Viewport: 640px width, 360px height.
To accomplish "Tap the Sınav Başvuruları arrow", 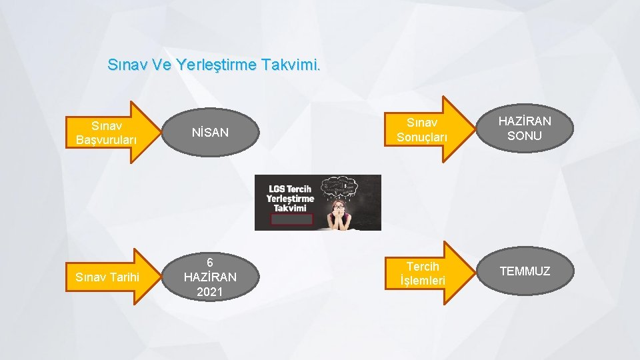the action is coord(109,132).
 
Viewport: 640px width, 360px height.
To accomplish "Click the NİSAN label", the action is coord(210,133).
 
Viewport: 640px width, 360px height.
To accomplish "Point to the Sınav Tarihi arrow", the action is coord(109,277).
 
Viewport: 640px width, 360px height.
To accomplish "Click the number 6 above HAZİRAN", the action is coord(210,263).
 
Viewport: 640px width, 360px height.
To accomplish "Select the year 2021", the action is coord(210,291).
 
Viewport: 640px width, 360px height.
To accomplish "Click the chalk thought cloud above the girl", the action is coord(341,186).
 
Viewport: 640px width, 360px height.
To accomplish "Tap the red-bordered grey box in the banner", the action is coord(291,219).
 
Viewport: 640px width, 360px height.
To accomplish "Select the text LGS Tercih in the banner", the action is coord(289,189).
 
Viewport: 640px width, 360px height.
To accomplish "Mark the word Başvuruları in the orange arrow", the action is coord(107,140).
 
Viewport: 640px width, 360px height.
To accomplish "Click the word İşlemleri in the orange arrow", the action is coord(423,281).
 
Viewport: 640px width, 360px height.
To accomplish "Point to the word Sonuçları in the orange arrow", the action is coord(423,137).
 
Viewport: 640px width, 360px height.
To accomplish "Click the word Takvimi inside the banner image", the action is coord(283,208).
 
